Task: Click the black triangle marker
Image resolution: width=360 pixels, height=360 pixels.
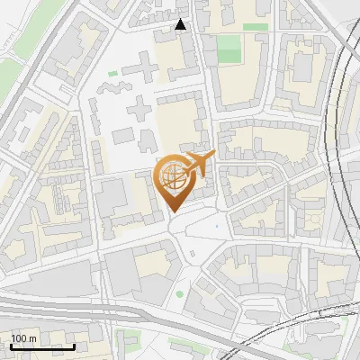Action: (x=181, y=24)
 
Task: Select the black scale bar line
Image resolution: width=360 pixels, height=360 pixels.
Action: (x=42, y=346)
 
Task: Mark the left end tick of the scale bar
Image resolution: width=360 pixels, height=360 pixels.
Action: (x=11, y=345)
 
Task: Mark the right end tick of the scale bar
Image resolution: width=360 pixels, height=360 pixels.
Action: (x=74, y=345)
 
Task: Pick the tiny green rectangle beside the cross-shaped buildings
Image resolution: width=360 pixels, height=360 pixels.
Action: (x=113, y=74)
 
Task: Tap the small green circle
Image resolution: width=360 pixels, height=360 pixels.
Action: (x=179, y=294)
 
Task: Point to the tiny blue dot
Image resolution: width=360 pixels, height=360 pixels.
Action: (x=216, y=227)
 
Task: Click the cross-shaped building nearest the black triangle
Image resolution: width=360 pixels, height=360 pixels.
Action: (x=140, y=69)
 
